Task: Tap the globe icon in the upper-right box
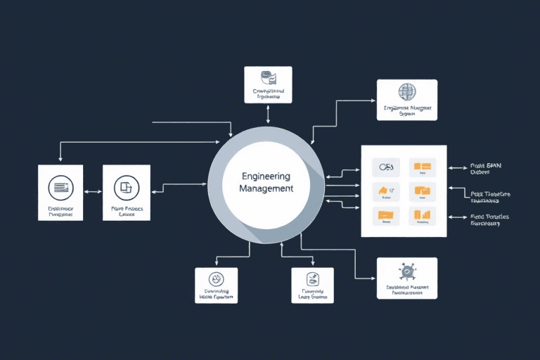point(407,92)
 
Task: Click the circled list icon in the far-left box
point(60,188)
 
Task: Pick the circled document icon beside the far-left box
point(127,188)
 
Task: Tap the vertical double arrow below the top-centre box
point(269,115)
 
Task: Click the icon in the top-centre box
point(267,77)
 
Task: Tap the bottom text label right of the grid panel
point(489,220)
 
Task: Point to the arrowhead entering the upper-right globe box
point(373,101)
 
